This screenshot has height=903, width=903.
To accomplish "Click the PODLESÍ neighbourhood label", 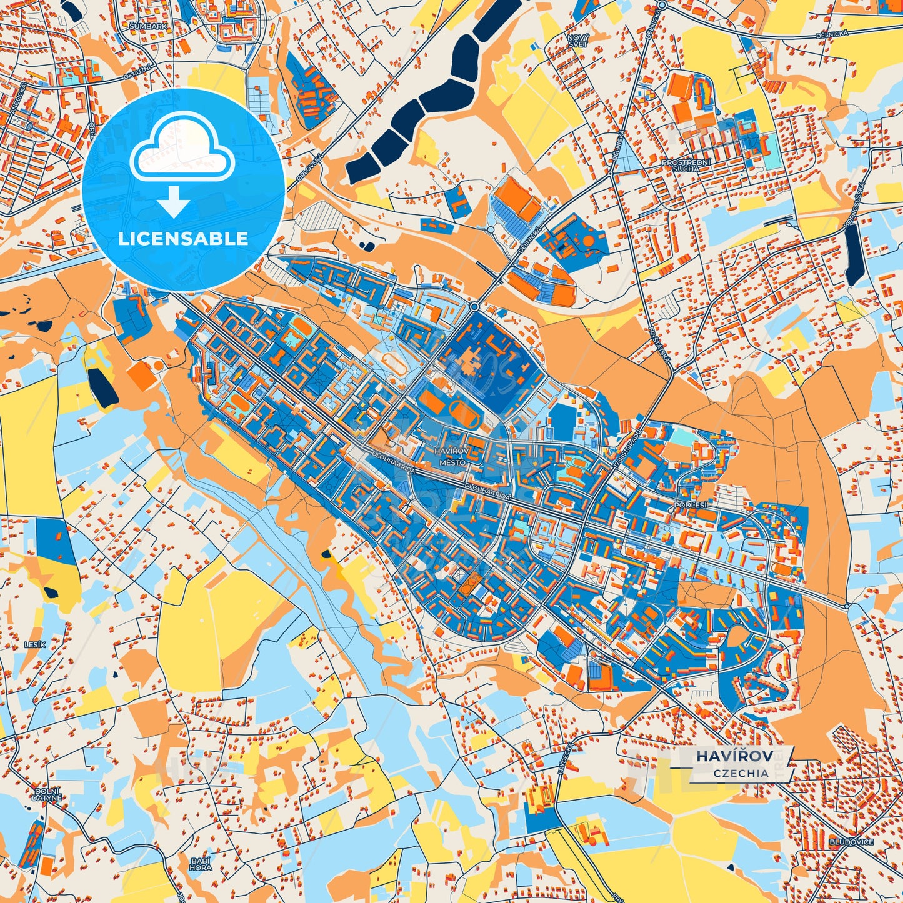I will click(x=691, y=504).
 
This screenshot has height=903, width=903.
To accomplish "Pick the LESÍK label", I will click(x=35, y=644).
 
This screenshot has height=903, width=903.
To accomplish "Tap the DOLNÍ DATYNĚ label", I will click(x=48, y=795).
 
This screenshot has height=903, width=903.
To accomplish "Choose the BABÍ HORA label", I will click(x=201, y=864).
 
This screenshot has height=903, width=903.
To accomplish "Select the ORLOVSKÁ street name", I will click(x=309, y=167).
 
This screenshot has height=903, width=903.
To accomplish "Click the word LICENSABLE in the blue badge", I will click(x=184, y=239).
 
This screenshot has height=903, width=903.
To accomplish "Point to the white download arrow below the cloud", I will click(x=174, y=203).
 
